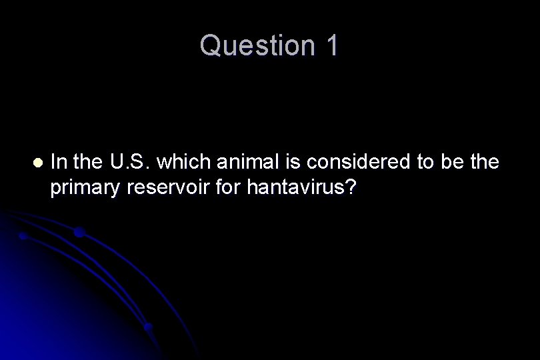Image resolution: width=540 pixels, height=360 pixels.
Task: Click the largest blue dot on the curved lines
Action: (x=78, y=232)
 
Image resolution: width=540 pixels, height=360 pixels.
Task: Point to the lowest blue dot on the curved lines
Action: (x=148, y=327)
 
